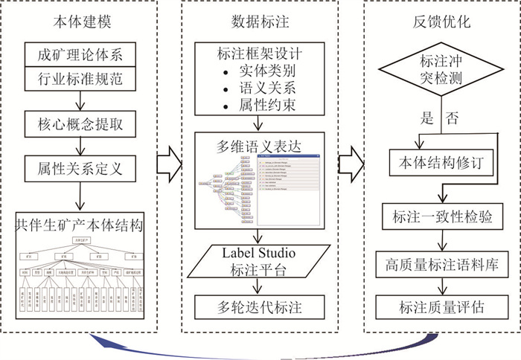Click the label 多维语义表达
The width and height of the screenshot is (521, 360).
click(261, 145)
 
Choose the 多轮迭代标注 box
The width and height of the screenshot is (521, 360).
click(261, 306)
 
